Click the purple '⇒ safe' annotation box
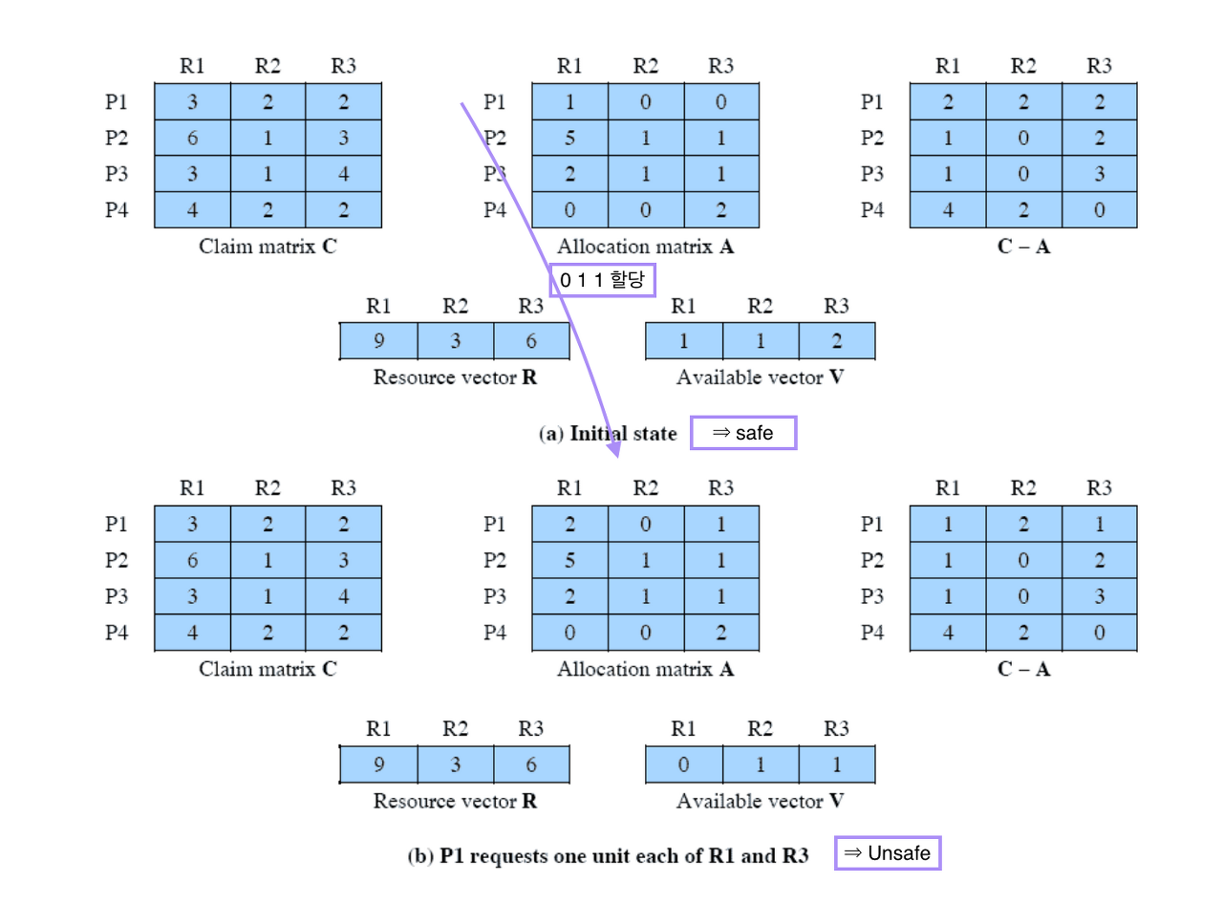click(x=742, y=433)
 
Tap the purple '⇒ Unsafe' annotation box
click(x=888, y=853)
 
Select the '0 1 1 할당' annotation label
click(x=602, y=281)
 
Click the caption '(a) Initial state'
click(x=609, y=434)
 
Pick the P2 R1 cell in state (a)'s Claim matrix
click(x=192, y=138)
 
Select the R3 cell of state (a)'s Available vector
click(x=836, y=341)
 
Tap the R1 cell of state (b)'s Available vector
click(x=683, y=764)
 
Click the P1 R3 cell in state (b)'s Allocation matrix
click(x=721, y=525)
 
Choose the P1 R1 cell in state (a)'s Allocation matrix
click(x=569, y=101)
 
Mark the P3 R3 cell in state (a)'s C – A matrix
click(x=1099, y=174)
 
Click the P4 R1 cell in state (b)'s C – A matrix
click(x=948, y=633)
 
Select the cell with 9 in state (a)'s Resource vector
click(x=379, y=341)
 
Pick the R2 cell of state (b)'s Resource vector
click(x=456, y=764)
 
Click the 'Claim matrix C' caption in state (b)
click(x=268, y=669)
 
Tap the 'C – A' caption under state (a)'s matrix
click(x=1023, y=247)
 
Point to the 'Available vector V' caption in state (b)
click(x=760, y=801)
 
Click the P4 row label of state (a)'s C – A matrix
click(x=872, y=210)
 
